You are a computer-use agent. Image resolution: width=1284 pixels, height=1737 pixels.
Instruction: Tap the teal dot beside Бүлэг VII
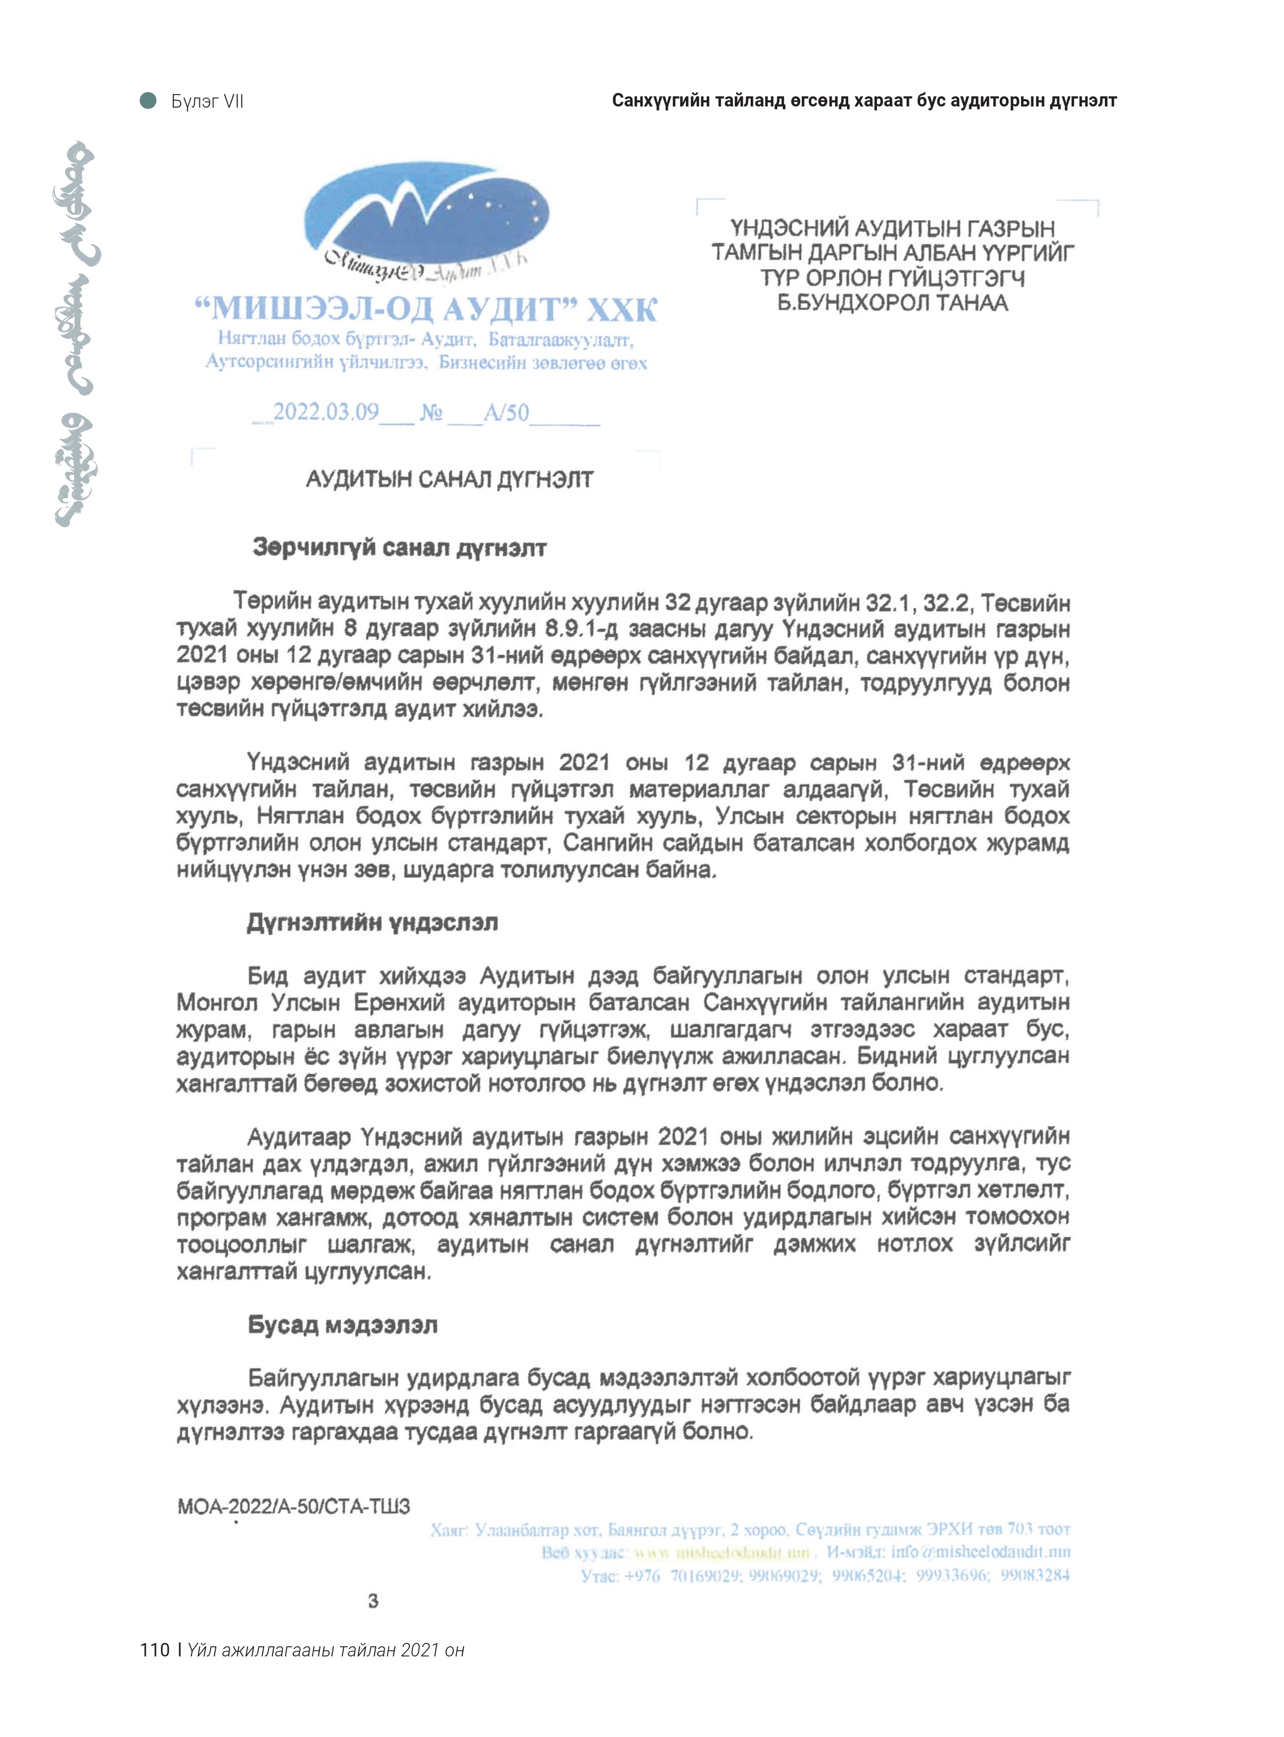148,100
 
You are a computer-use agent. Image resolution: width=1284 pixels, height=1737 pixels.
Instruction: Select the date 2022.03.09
326,411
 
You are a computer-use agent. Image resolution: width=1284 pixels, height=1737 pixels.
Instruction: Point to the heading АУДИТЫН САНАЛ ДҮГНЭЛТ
449,479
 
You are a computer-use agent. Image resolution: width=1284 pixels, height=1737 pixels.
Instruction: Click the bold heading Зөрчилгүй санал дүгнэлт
399,548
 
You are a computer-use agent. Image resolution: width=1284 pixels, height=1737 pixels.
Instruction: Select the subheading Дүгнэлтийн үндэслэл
372,923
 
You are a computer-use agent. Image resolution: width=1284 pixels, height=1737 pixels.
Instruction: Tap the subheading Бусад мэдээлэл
343,1325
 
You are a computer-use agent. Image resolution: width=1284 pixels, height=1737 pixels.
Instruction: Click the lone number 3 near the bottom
373,1601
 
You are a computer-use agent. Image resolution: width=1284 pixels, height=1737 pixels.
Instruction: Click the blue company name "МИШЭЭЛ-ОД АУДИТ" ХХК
425,309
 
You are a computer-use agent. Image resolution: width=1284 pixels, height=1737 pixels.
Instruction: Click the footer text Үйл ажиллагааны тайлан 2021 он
326,1650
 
